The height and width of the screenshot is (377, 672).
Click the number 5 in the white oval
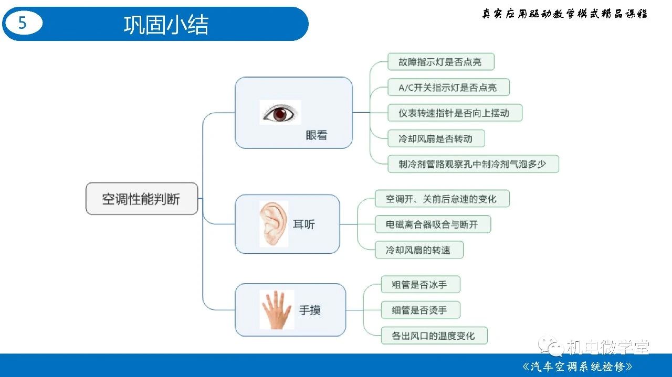23,23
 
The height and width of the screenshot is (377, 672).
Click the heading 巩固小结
166,25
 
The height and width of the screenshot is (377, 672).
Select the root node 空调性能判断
142,198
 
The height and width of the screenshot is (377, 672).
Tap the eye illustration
280,112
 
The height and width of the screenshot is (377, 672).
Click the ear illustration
274,224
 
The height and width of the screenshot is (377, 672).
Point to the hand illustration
277,310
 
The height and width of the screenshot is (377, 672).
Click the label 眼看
316,135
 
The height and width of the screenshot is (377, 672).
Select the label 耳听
304,224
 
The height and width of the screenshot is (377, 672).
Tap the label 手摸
310,310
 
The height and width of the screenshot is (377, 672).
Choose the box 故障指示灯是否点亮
441,62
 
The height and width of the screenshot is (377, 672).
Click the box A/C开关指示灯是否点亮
448,87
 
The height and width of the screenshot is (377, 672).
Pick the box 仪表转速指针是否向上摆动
455,113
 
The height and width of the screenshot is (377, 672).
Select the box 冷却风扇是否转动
436,138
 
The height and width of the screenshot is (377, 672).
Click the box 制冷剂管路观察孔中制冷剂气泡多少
473,164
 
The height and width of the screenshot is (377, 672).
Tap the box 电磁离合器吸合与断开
433,224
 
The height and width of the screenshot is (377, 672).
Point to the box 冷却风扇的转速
419,250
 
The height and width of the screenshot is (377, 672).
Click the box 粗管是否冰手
421,284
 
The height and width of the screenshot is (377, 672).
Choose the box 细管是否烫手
421,310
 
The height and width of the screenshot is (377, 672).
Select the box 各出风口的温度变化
434,336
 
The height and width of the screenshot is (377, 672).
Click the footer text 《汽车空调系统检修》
577,366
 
